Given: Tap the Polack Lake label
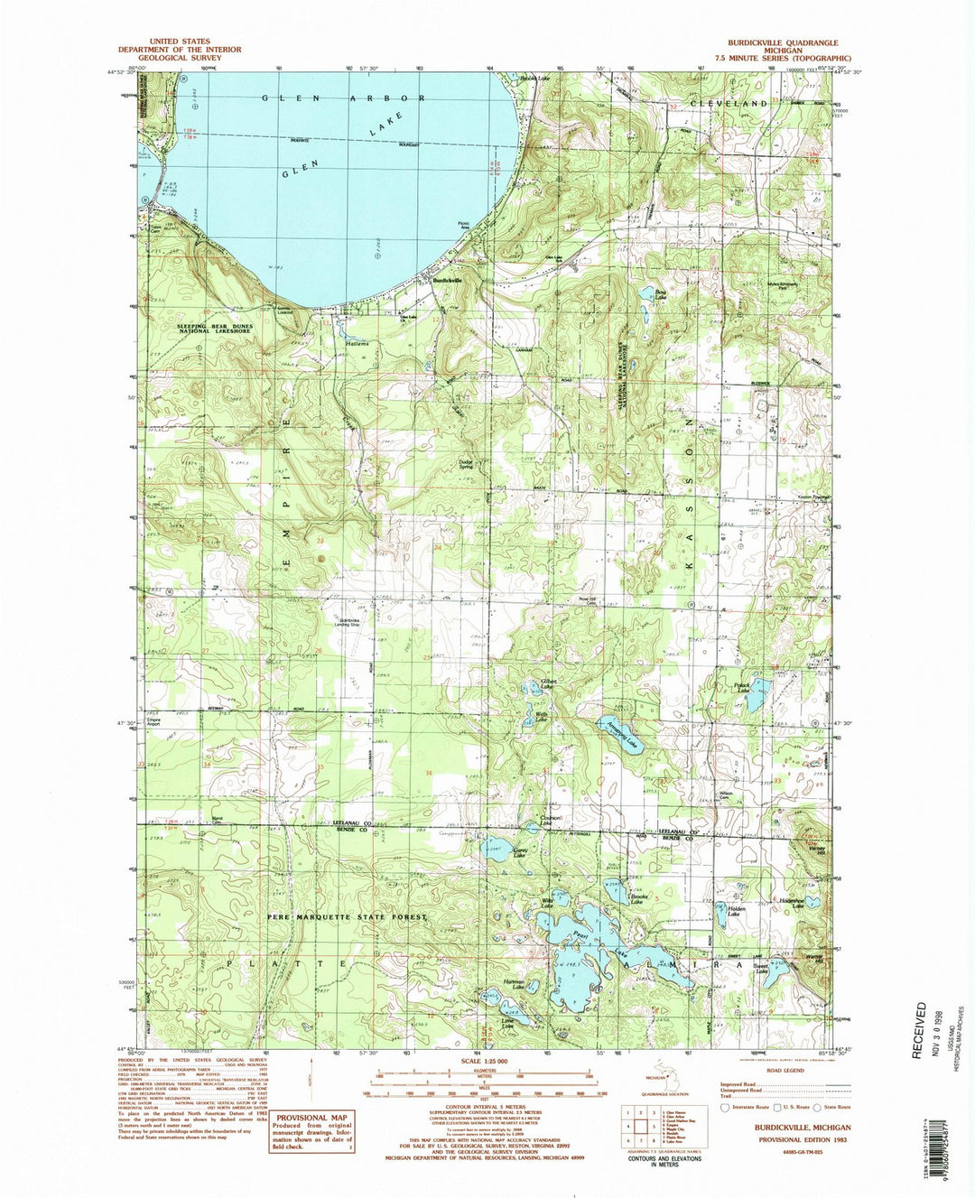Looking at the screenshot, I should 743,688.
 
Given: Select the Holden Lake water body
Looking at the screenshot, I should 721,915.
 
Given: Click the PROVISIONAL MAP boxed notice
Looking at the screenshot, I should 311,1130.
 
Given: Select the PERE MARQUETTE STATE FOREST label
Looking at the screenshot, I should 346,916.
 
